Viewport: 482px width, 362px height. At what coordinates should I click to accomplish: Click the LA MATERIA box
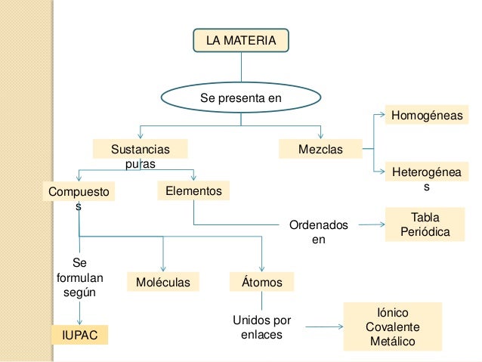pos(241,40)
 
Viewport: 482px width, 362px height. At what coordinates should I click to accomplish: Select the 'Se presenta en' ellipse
pos(239,98)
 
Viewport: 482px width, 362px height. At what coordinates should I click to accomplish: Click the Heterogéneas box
pos(426,179)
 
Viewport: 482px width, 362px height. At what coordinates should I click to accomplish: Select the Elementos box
pos(193,191)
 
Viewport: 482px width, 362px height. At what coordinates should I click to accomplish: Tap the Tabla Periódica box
pos(425,225)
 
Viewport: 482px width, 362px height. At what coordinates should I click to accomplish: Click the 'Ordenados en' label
pos(318,232)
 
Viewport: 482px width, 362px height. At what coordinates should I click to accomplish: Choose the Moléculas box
pos(163,283)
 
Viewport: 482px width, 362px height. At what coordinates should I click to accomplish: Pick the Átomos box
pos(261,283)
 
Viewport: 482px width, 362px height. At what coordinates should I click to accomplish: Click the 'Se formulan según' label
pos(79,277)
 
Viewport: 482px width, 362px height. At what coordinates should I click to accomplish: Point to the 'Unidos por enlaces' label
pos(261,326)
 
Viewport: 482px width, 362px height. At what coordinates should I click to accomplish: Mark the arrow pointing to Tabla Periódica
pos(369,225)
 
